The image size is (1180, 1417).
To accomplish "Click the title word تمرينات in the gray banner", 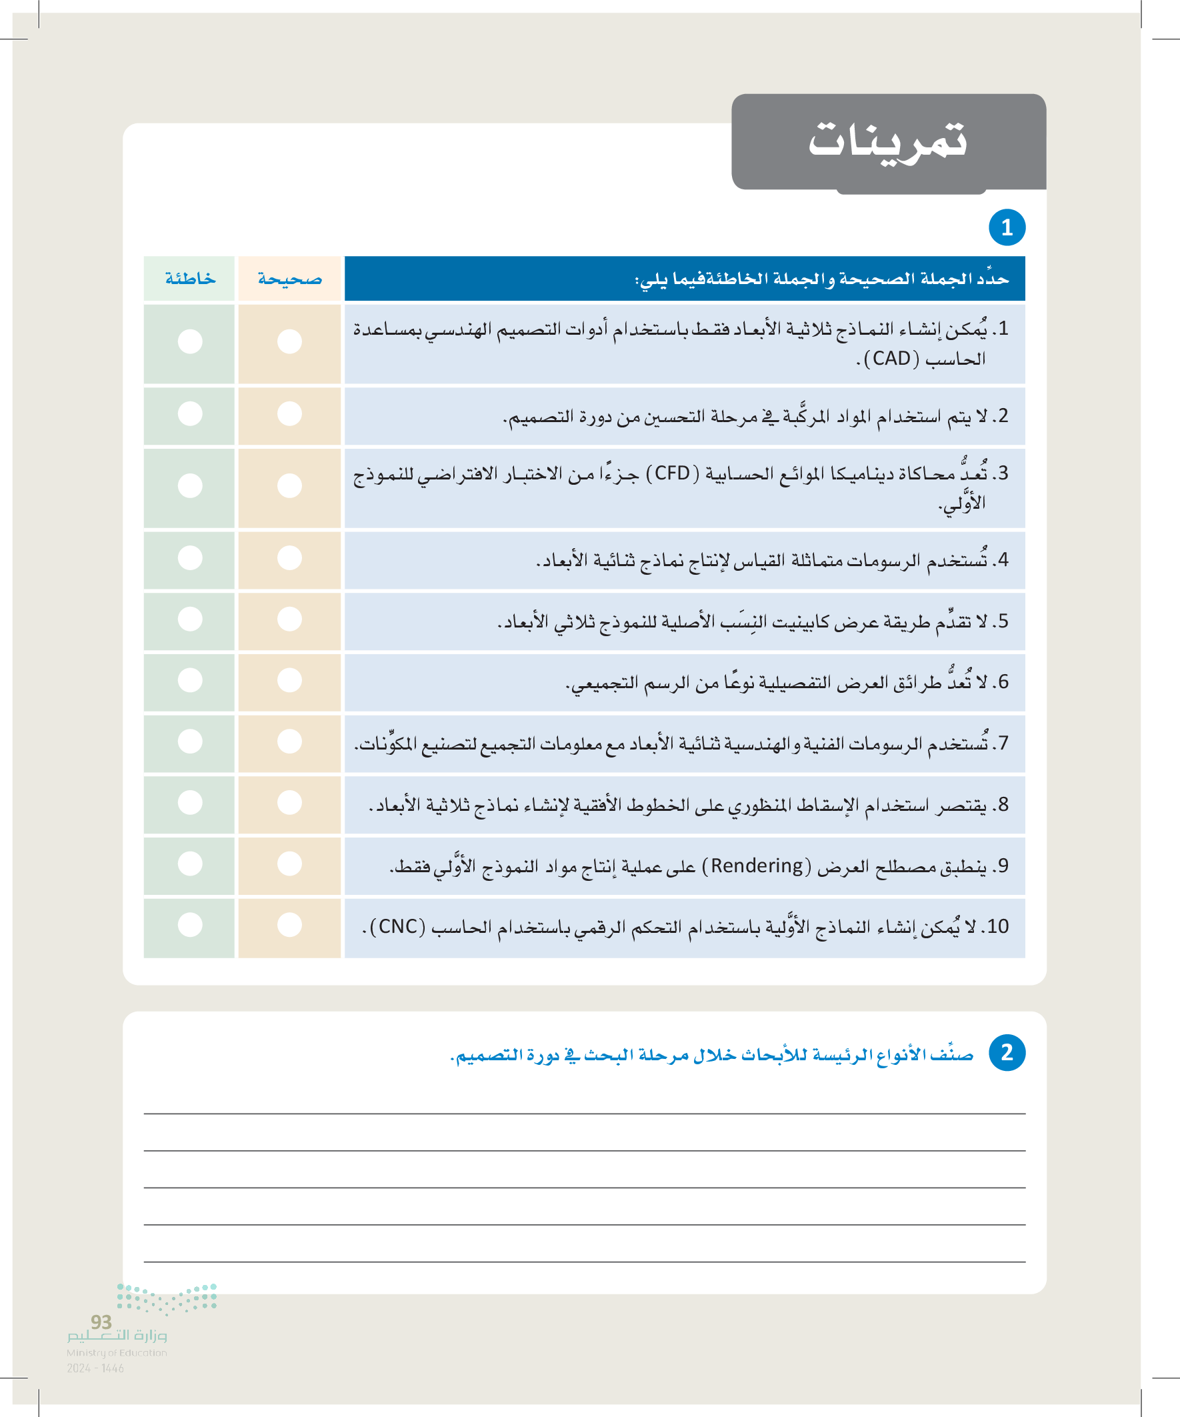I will click(888, 140).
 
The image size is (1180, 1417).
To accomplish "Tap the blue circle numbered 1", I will click(1007, 227).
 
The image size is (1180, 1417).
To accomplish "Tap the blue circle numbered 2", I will click(1007, 1053).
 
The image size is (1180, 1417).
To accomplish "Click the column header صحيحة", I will click(289, 279).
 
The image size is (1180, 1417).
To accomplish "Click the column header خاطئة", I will click(190, 279).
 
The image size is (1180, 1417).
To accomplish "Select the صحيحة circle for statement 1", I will click(289, 341).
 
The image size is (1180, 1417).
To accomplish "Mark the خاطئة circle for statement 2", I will click(190, 413).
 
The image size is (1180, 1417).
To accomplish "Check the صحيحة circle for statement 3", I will click(289, 486).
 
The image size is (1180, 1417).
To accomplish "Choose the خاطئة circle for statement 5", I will click(190, 619).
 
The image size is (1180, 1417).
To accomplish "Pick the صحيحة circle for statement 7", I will click(289, 742).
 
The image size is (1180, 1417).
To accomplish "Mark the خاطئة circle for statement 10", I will click(190, 924).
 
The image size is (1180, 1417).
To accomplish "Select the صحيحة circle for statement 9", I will click(289, 864).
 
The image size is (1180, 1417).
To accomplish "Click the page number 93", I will click(101, 1322).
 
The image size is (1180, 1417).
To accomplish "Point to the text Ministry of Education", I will click(117, 1353).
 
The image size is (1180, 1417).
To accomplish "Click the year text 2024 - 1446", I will click(95, 1368).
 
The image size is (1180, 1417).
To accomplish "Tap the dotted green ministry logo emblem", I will click(167, 1298).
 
